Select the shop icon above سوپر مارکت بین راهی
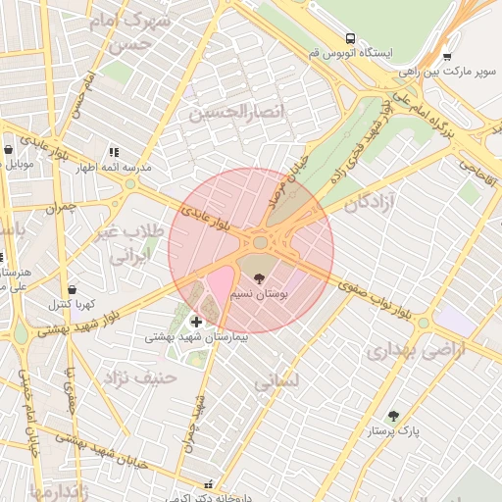click(x=447, y=57)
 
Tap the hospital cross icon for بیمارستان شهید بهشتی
click(x=196, y=322)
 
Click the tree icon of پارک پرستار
click(x=393, y=417)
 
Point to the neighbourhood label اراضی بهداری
click(x=413, y=349)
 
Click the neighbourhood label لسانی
click(x=277, y=382)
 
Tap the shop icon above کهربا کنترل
click(x=74, y=288)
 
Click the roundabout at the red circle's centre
click(x=261, y=242)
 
